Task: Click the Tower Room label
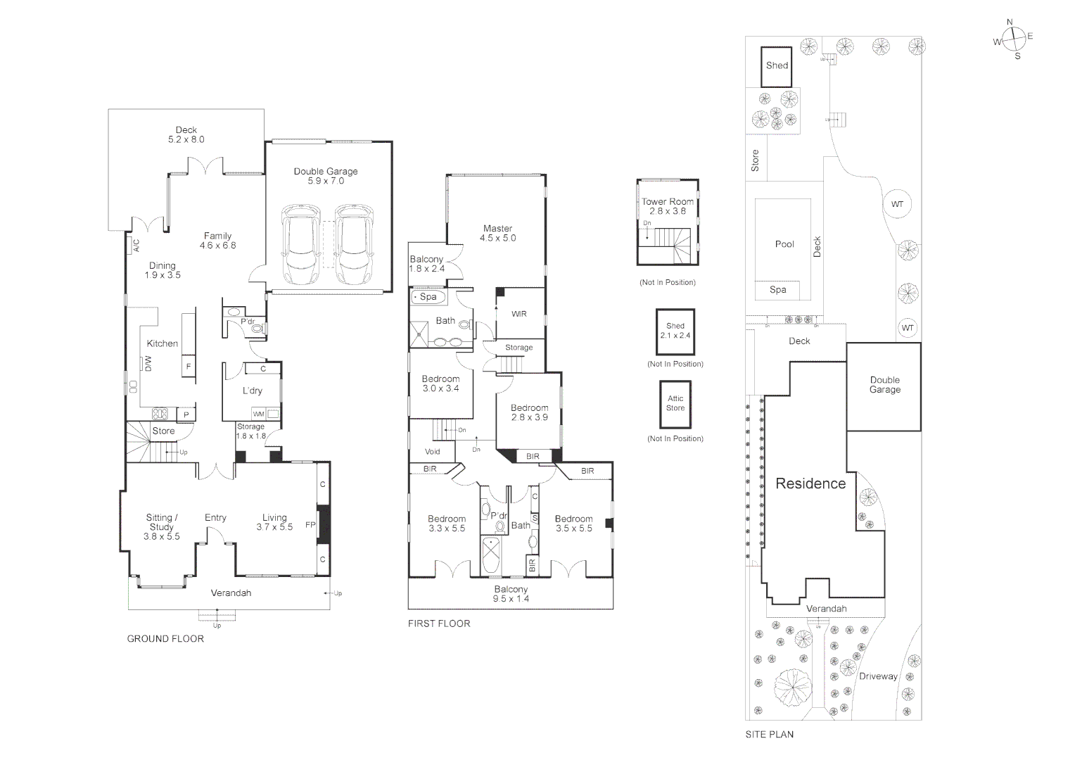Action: coord(667,202)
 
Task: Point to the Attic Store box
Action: coord(675,404)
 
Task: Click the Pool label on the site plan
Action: coord(784,244)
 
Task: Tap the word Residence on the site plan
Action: coord(810,483)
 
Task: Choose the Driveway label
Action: coord(878,676)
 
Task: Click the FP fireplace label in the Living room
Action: coord(310,525)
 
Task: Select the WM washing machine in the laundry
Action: coord(259,414)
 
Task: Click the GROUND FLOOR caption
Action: coord(165,639)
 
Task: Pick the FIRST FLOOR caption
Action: coord(439,623)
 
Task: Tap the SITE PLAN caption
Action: coord(770,734)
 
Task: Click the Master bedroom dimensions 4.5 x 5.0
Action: coord(497,239)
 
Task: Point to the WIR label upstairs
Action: coord(519,314)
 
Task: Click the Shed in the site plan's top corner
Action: coord(777,66)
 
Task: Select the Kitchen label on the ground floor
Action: coord(162,343)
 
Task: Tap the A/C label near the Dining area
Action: coord(136,245)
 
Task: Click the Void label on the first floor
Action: coord(433,452)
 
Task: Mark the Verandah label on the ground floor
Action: coord(231,593)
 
